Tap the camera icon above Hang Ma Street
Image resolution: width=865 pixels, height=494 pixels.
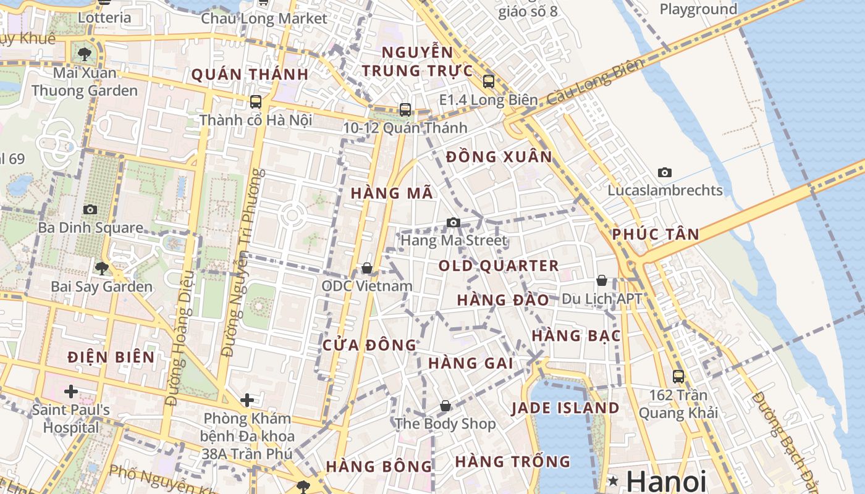454,222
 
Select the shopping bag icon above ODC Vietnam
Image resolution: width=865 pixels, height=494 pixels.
367,268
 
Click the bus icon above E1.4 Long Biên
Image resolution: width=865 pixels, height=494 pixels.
489,81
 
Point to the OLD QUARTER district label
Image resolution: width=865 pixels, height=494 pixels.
499,266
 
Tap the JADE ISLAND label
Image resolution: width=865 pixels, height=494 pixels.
565,408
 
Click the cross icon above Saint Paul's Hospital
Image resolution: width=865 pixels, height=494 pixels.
71,391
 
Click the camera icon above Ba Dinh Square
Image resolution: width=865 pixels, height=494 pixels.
90,209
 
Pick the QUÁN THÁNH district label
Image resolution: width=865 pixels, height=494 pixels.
250,75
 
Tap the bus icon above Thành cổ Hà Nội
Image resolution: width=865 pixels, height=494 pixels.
256,102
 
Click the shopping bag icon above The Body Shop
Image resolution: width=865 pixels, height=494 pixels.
445,406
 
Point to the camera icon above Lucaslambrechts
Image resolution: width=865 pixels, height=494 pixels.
665,172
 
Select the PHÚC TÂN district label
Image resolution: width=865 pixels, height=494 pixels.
656,235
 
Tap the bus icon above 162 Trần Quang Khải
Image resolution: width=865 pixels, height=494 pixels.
678,376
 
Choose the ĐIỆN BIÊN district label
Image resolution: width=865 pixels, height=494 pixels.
111,357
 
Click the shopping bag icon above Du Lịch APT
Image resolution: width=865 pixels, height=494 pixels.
602,281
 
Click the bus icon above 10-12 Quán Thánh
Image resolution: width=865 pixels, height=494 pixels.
405,110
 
